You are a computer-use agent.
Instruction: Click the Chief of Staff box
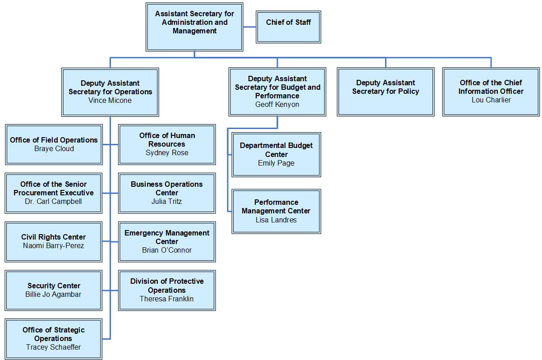click(288, 27)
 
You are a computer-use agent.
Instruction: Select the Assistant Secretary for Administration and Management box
click(194, 27)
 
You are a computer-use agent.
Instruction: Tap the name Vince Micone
click(110, 100)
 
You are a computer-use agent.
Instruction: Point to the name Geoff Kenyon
click(277, 104)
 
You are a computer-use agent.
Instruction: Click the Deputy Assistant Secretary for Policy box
click(386, 92)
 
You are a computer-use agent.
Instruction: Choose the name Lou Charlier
click(491, 100)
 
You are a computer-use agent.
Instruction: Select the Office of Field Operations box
click(54, 144)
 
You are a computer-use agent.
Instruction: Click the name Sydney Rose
click(167, 152)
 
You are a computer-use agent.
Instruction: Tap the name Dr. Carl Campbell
click(54, 201)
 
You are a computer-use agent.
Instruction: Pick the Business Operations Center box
click(167, 193)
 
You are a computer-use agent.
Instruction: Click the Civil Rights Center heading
click(54, 237)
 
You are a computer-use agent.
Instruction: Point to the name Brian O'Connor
click(167, 250)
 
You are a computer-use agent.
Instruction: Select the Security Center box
click(54, 290)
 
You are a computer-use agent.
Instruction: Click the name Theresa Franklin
click(167, 299)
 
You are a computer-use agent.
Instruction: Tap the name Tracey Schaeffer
click(54, 347)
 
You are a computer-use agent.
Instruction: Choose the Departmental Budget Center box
click(276, 154)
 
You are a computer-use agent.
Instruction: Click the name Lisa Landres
click(276, 220)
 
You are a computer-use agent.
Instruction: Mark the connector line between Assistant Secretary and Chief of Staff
click(249, 27)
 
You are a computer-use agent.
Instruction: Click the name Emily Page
click(276, 163)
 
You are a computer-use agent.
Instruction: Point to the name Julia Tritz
click(167, 201)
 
